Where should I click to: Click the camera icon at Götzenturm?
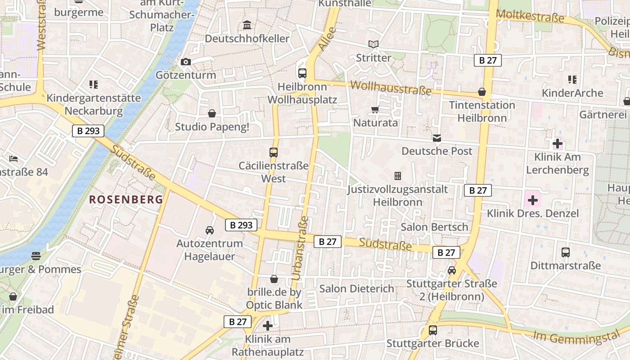point(185,62)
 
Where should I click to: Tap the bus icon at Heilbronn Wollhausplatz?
point(302,73)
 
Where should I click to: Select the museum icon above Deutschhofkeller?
point(247,25)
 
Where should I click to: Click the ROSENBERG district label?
point(126,199)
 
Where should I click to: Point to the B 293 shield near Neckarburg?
point(88,131)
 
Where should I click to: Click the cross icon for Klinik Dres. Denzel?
point(533,200)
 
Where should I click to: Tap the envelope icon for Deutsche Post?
point(437,138)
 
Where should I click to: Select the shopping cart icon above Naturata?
point(375,109)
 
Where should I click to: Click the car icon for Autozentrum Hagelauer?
point(210,230)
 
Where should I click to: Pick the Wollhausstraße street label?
point(390,88)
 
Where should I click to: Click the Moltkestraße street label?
point(530,17)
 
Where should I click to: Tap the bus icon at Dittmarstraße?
point(566,252)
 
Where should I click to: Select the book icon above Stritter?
point(373,44)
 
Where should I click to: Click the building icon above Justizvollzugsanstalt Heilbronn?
point(397,176)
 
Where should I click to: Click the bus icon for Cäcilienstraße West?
point(274,152)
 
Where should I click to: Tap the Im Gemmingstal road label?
point(581,336)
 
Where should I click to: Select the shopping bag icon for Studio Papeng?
point(212,113)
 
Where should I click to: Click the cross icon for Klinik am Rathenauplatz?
point(268,326)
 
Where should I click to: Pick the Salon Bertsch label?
point(434,227)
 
